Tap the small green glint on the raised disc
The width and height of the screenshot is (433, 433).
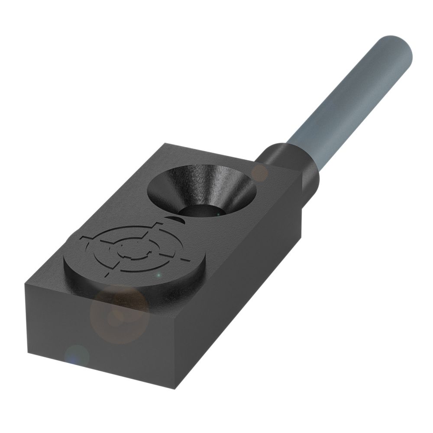pyautogui.click(x=159, y=275)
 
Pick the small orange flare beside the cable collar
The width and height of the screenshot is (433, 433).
pyautogui.click(x=260, y=172)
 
